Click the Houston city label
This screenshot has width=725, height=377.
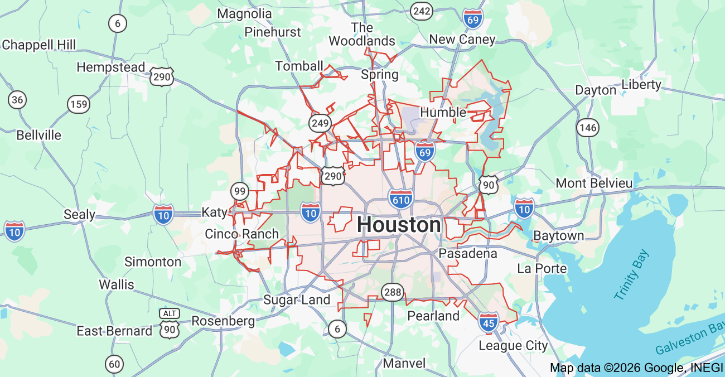399,225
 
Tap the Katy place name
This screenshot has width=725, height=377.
214,212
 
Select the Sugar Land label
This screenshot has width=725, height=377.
297,299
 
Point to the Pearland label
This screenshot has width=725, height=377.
433,316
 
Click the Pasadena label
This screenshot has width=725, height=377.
467,253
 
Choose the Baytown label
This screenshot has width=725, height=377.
558,235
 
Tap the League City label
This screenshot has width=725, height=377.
513,346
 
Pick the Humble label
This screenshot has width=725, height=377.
443,112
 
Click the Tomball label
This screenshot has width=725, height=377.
299,66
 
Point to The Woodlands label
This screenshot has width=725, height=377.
362,34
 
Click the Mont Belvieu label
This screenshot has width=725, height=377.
594,183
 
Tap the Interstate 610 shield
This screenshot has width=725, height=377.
402,199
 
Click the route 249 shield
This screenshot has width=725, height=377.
321,123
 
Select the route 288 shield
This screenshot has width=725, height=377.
392,291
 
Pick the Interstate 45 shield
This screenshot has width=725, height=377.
488,322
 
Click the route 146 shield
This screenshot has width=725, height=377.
588,128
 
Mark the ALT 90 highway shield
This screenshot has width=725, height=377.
169,323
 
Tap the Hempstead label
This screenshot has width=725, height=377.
110,67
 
